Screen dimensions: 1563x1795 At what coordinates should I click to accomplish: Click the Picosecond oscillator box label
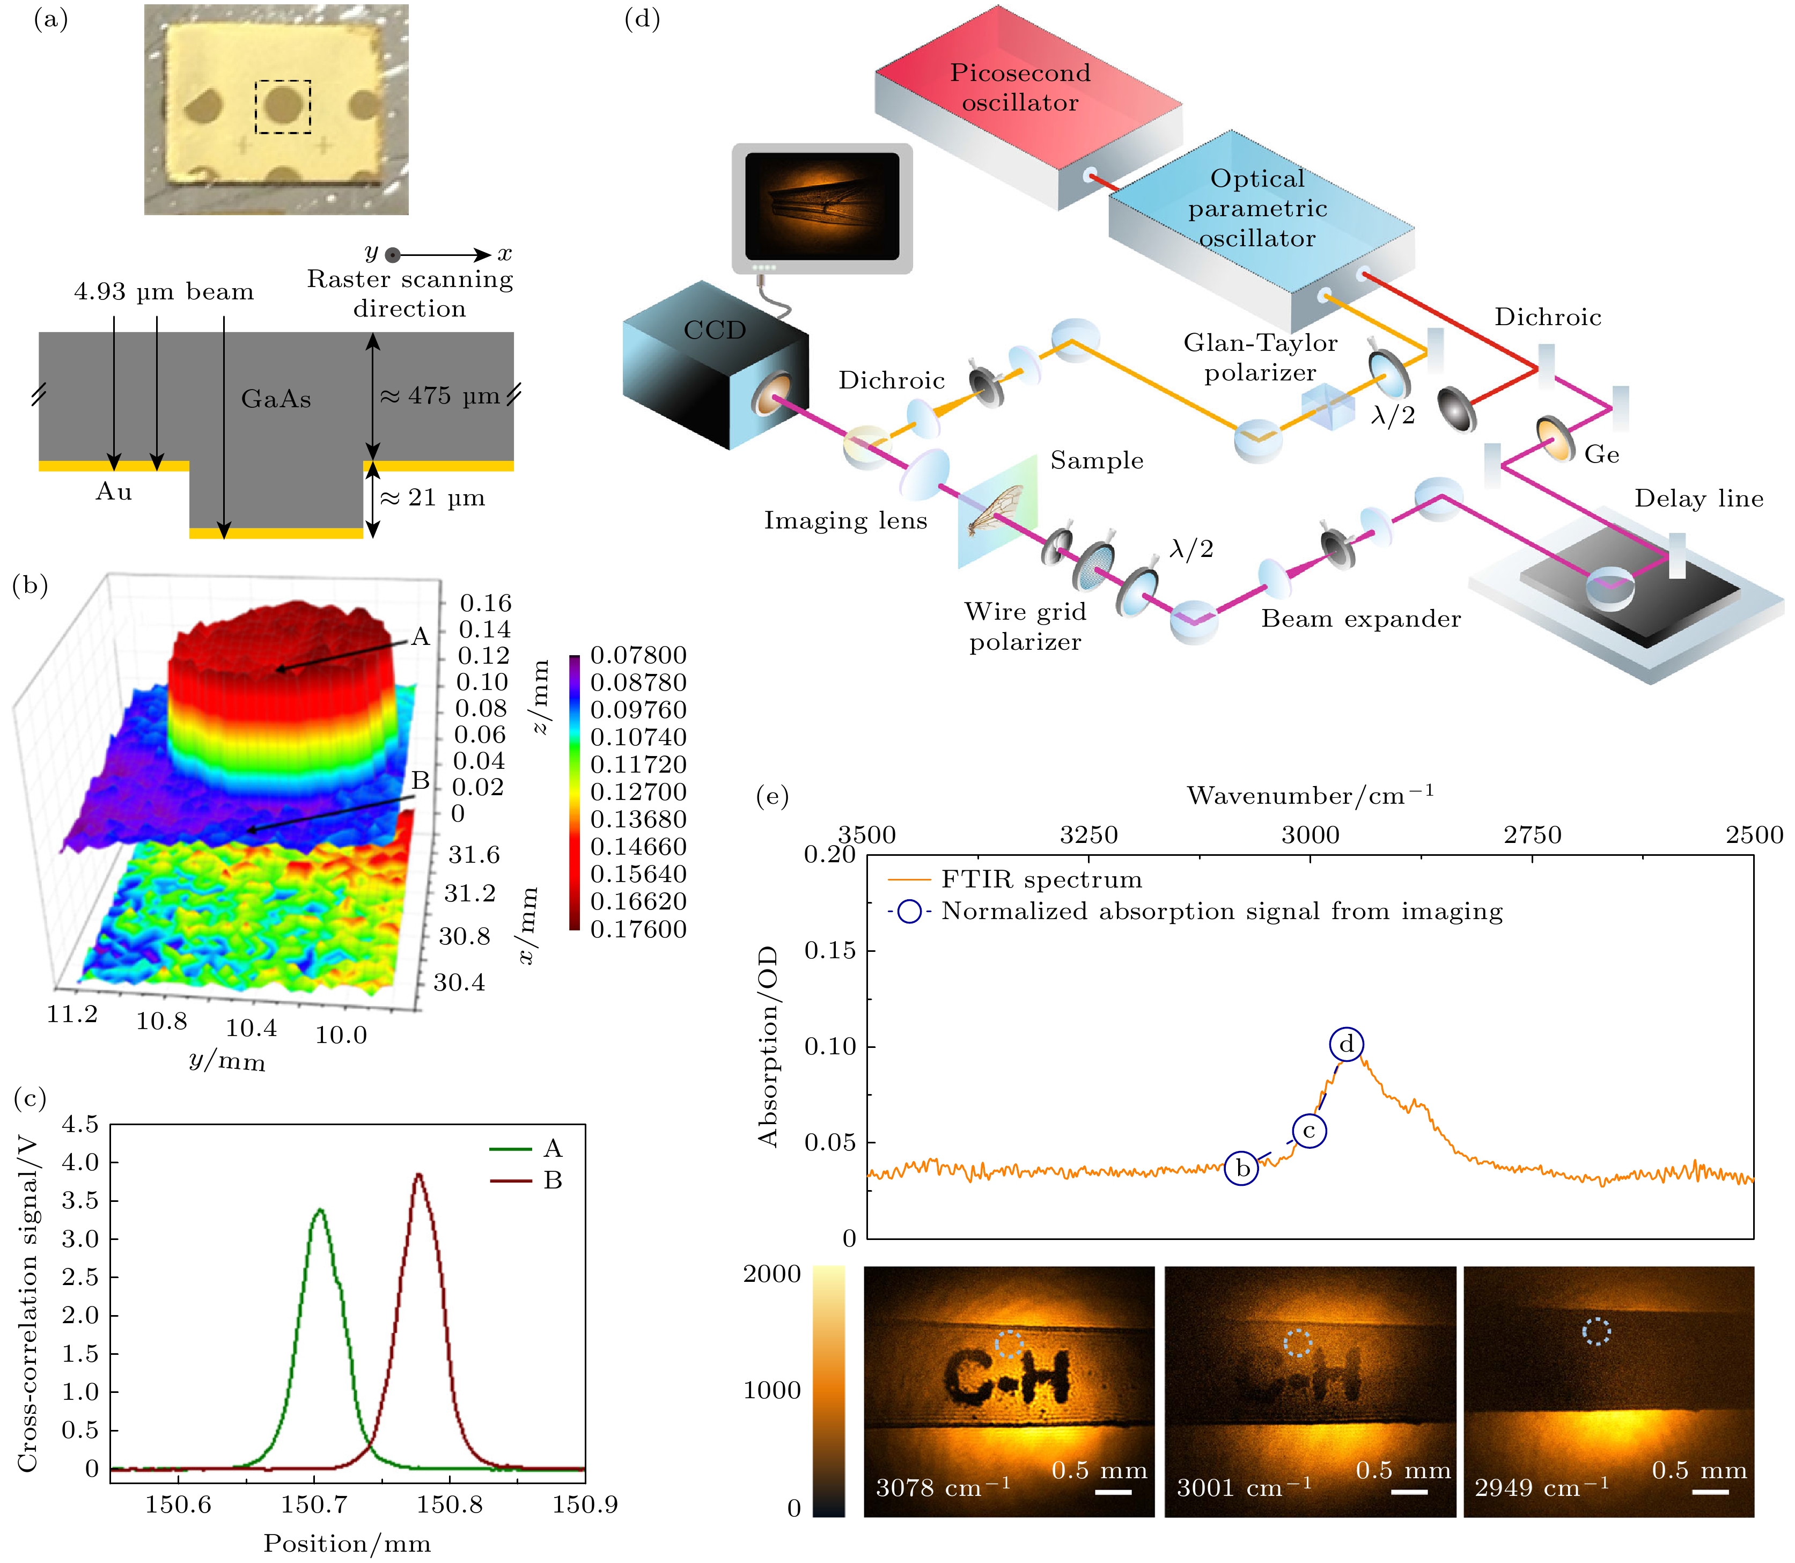(1020, 87)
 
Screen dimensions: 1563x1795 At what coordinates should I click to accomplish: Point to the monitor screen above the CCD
(822, 206)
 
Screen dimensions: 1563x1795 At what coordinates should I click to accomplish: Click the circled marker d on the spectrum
(1347, 1044)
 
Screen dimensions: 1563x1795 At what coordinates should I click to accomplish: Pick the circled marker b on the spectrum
(1242, 1168)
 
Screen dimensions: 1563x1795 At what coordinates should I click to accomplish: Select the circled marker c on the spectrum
(1308, 1131)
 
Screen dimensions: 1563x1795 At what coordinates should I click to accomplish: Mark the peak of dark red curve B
(418, 1175)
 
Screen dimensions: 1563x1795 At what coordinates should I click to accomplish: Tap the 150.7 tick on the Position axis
(314, 1503)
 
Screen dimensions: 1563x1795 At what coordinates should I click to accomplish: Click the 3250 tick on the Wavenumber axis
(1088, 835)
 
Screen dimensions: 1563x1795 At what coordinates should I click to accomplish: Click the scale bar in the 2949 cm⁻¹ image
(1710, 1492)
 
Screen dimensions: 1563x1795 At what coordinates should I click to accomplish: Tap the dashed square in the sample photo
(283, 107)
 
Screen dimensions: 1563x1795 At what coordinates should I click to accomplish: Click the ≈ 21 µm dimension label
(432, 498)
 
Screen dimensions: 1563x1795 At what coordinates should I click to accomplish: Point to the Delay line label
(1698, 499)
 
